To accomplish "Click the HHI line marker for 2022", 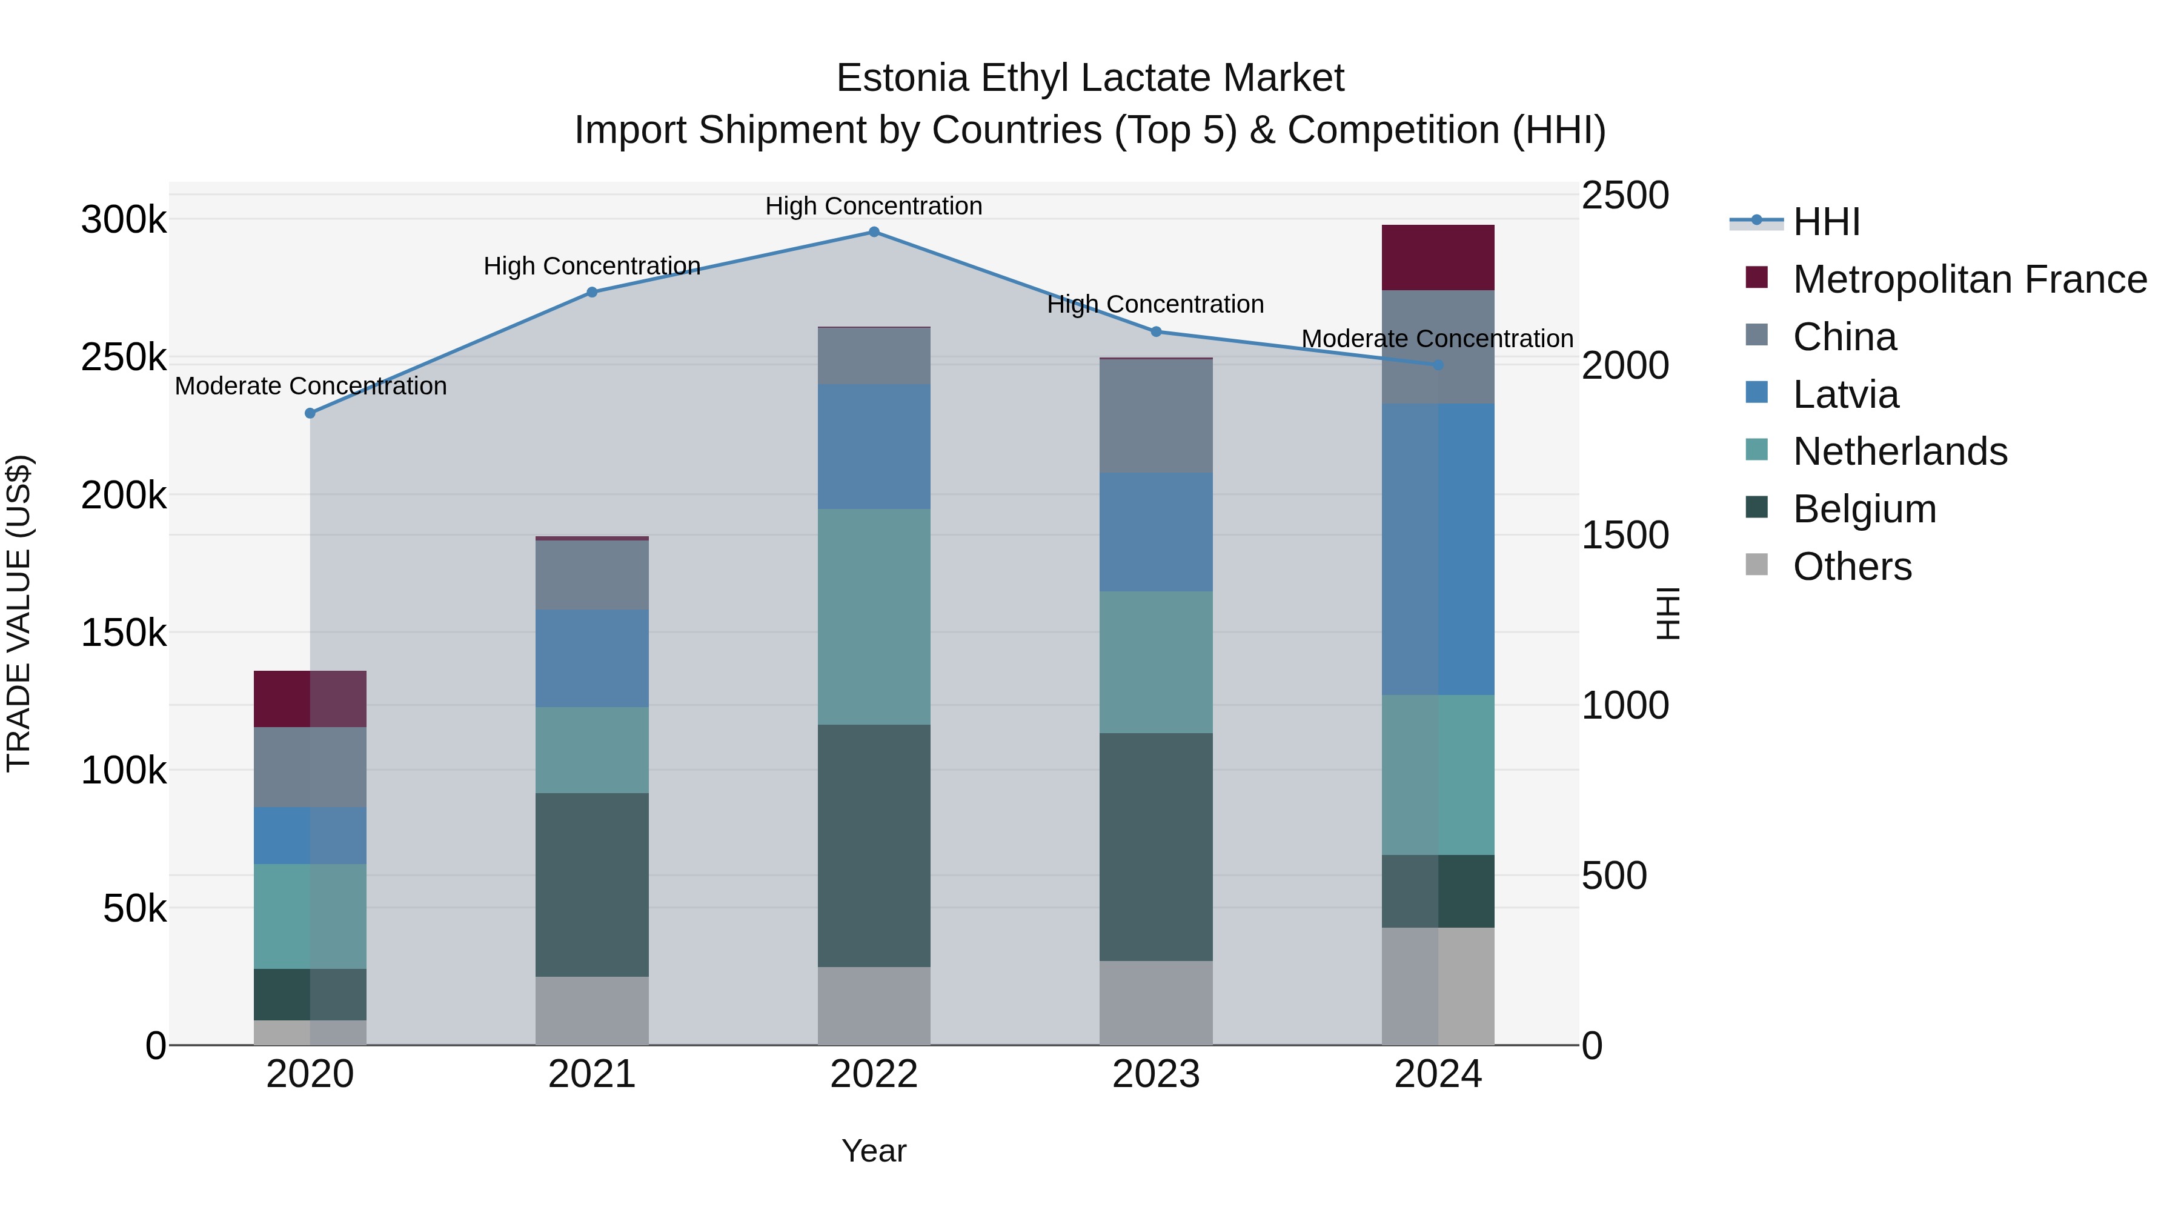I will (874, 232).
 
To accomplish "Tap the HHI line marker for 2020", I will (310, 413).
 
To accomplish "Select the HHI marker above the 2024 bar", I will (1438, 365).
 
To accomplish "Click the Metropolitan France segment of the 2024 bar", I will (1438, 258).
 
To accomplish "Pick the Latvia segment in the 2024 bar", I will (1438, 549).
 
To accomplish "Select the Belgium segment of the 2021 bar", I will (592, 884).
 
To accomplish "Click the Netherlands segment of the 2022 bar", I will (874, 616).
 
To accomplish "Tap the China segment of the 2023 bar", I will (1156, 416).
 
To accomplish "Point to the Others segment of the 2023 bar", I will (1156, 1003).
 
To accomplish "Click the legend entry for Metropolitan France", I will (1970, 279).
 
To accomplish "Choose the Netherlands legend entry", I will (1900, 451).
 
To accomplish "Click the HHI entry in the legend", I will (1826, 222).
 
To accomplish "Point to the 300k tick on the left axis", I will (124, 220).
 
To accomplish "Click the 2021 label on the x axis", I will (592, 1074).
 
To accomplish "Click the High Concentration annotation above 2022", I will (874, 206).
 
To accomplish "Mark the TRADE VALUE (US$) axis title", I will (19, 613).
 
